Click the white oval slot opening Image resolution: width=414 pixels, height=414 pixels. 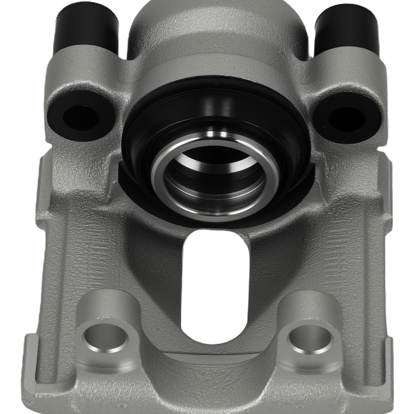pyautogui.click(x=215, y=286)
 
